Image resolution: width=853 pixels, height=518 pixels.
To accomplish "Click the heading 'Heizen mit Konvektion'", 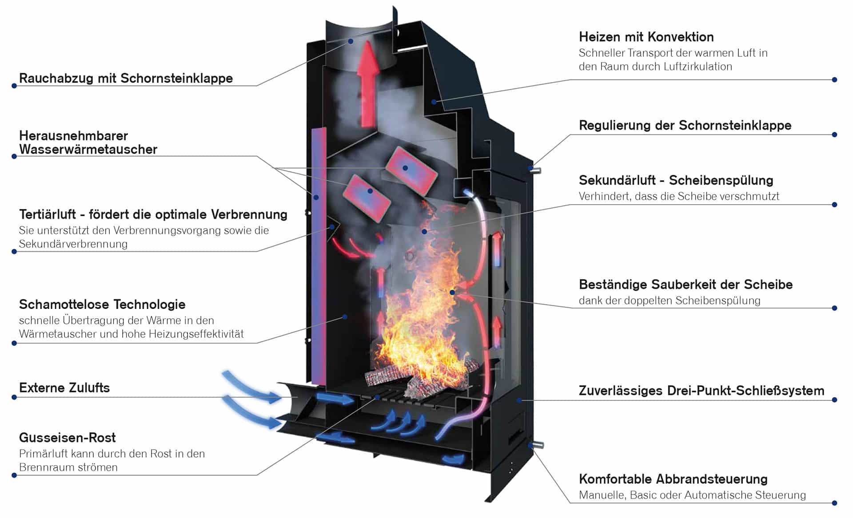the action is [646, 37].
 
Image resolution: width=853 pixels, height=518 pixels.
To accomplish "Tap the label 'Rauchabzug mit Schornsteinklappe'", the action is [126, 78].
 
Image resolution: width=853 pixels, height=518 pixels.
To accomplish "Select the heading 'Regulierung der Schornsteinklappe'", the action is [685, 125].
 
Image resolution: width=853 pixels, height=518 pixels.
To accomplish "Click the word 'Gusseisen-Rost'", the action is [68, 438].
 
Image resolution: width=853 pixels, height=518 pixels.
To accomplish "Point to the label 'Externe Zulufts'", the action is [64, 388].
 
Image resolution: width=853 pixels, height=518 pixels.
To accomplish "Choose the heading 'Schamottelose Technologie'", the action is [102, 304].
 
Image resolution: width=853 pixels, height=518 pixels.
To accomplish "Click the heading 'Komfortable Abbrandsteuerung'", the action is [673, 479].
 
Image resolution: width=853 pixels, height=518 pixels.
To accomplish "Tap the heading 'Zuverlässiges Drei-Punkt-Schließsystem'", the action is [702, 391].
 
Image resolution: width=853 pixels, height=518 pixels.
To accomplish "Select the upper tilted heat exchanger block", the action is [411, 170].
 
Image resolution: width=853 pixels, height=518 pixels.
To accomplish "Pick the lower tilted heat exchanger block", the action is [366, 198].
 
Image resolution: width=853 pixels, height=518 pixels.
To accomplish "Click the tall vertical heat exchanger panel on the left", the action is [319, 256].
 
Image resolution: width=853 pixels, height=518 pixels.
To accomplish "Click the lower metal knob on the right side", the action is [537, 445].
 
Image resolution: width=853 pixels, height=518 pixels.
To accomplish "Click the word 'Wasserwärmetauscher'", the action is [88, 149].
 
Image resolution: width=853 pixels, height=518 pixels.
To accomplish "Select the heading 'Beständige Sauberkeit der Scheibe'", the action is [686, 285].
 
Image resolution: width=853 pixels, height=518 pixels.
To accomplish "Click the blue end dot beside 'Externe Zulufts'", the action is [14, 397].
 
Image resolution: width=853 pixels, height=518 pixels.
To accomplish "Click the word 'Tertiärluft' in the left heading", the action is [48, 214].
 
